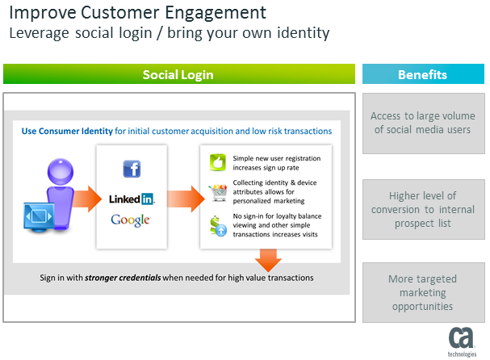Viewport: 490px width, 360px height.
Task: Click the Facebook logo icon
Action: point(132,169)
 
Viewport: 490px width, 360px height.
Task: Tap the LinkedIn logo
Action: point(132,198)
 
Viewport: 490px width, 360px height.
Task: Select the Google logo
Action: point(132,219)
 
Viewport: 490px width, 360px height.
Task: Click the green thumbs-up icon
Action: point(216,161)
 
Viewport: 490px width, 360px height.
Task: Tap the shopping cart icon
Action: point(216,192)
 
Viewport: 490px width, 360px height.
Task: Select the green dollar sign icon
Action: point(216,225)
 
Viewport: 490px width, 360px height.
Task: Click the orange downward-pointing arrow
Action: point(267,261)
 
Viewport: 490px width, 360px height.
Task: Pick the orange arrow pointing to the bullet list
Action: point(184,197)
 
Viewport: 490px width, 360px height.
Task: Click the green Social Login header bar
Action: point(178,74)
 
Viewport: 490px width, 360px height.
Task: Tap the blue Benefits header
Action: point(422,74)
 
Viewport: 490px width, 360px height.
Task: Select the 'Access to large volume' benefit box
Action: point(421,123)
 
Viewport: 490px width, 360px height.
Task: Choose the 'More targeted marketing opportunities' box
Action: point(421,292)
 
